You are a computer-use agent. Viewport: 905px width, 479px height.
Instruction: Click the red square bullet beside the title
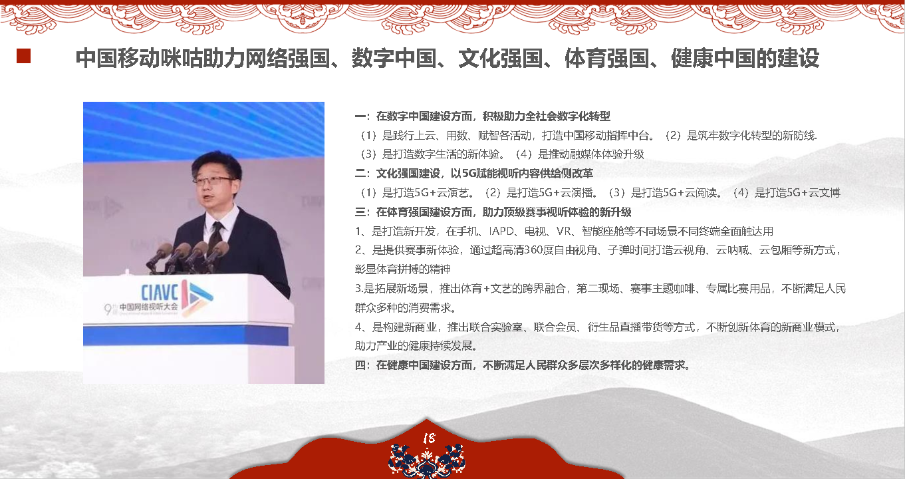(23, 56)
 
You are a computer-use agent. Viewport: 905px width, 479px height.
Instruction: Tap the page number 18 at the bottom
(429, 438)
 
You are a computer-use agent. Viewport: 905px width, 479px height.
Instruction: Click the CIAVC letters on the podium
(160, 293)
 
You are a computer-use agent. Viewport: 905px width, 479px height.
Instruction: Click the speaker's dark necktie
(215, 236)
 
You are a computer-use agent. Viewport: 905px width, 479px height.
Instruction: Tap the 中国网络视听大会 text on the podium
(149, 307)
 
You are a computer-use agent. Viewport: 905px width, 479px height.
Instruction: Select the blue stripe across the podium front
(186, 335)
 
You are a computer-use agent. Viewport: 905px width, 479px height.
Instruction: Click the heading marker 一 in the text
(360, 116)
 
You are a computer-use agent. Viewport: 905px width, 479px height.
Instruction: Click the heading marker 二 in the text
(360, 174)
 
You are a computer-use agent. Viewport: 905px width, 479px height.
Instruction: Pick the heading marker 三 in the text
(360, 212)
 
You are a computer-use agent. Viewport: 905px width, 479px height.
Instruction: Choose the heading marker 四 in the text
(360, 365)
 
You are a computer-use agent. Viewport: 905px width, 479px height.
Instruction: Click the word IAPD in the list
(501, 232)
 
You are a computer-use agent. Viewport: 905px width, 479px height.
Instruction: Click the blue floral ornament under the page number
(427, 461)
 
